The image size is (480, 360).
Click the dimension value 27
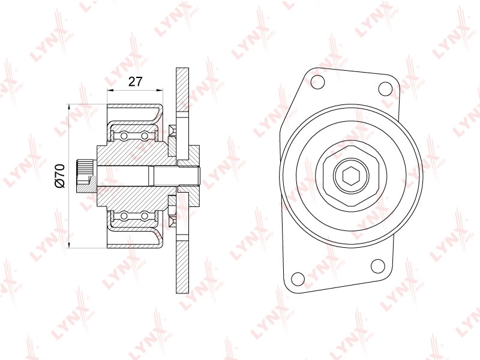click(135, 82)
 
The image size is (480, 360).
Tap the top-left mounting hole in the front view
click(317, 82)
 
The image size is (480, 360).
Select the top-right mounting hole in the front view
click(385, 88)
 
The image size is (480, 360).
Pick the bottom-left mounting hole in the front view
click(297, 278)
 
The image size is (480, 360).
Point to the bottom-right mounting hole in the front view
click(378, 265)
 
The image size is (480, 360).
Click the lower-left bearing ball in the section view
click(124, 216)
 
